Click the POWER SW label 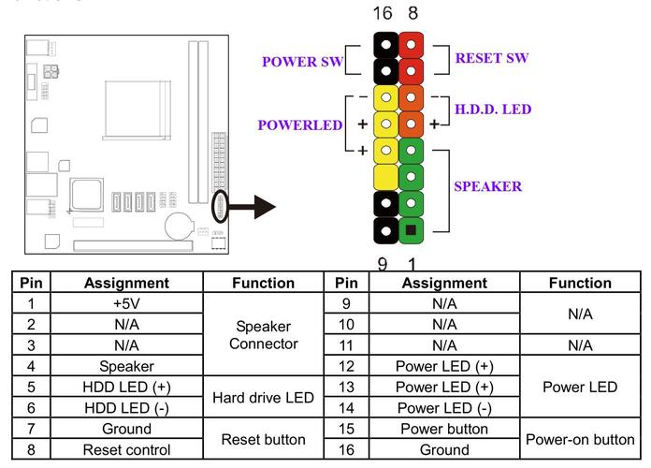[302, 63]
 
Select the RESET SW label [491, 58]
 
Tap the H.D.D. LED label [492, 110]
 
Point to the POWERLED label [300, 125]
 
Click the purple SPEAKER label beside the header [487, 186]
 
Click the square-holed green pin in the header [410, 228]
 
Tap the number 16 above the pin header [383, 13]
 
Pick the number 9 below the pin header [383, 265]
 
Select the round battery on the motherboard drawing [178, 225]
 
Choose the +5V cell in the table [126, 303]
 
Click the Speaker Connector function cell [263, 334]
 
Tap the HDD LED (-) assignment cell [126, 407]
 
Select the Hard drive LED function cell [263, 397]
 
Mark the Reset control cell [126, 449]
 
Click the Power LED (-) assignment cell [444, 407]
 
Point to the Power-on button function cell [580, 439]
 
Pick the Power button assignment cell [444, 429]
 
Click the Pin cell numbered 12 [346, 366]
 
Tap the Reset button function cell [263, 439]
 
